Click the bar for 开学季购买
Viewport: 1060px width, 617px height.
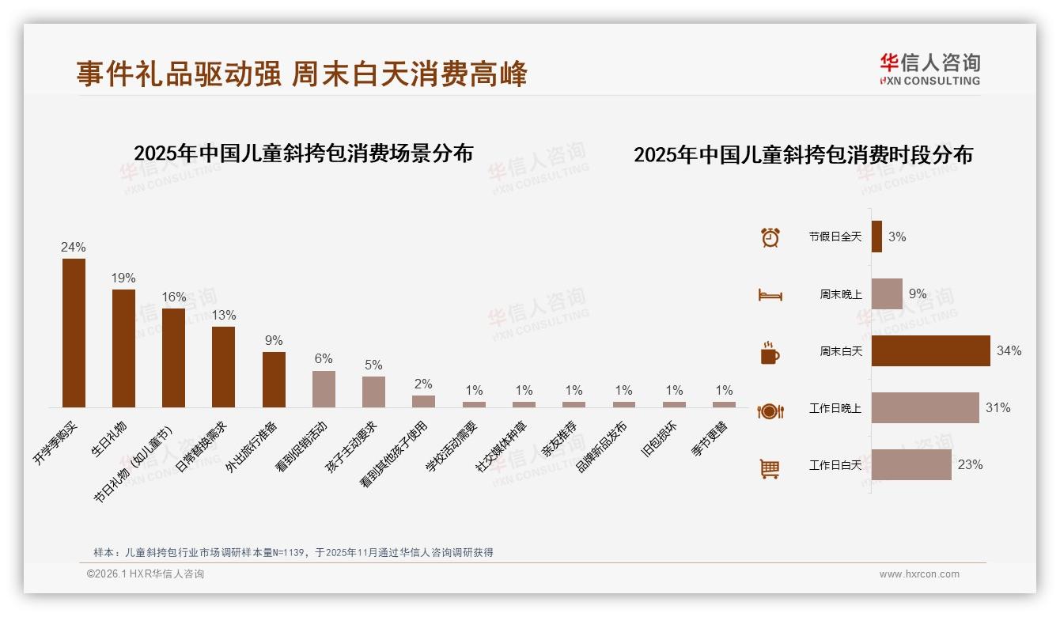(74, 332)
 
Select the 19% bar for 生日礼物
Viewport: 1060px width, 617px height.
(123, 348)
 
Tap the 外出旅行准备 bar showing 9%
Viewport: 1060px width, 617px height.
(274, 379)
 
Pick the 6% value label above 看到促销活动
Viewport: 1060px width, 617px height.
(324, 358)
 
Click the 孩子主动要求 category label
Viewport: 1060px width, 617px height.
(352, 448)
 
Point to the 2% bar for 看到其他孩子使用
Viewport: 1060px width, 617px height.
(423, 401)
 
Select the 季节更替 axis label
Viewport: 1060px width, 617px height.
(710, 440)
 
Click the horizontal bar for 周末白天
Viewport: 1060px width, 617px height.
(930, 350)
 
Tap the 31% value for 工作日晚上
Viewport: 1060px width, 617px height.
(998, 408)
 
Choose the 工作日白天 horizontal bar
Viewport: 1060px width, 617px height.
(911, 464)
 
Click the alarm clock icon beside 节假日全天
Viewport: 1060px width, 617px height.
(770, 237)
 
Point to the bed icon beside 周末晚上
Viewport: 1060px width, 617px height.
(770, 294)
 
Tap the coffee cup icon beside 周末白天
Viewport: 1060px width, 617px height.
(770, 353)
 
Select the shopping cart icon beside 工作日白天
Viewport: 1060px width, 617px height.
(770, 468)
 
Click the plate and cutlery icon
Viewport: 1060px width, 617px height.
(770, 411)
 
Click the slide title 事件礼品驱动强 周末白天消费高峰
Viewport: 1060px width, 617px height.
(301, 74)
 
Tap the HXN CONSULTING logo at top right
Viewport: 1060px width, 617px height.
(929, 70)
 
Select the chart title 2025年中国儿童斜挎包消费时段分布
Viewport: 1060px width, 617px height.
(803, 155)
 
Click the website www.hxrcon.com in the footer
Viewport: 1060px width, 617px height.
(919, 574)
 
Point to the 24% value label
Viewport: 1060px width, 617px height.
(74, 248)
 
